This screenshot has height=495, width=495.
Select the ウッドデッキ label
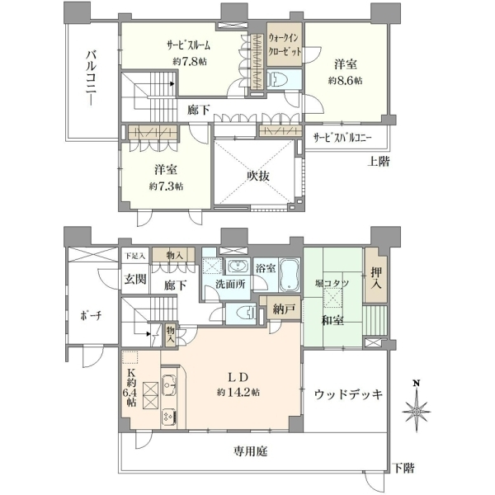click(348, 394)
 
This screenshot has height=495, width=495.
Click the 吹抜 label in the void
click(258, 176)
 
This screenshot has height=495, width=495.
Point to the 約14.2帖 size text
click(238, 393)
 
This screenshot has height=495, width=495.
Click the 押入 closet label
click(375, 278)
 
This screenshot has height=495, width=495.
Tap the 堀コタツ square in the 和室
click(332, 299)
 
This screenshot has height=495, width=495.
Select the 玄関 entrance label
click(135, 279)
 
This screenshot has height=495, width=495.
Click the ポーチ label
click(91, 315)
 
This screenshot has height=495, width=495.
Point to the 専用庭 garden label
click(250, 451)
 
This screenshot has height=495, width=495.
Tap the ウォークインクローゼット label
click(285, 45)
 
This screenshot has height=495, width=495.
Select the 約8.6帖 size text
click(345, 81)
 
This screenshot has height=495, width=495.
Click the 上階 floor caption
click(378, 162)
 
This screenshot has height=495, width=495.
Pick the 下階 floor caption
click(403, 468)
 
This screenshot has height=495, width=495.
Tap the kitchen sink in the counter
click(168, 384)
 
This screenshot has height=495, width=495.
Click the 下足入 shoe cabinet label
click(134, 256)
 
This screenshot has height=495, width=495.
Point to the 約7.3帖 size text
click(166, 186)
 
